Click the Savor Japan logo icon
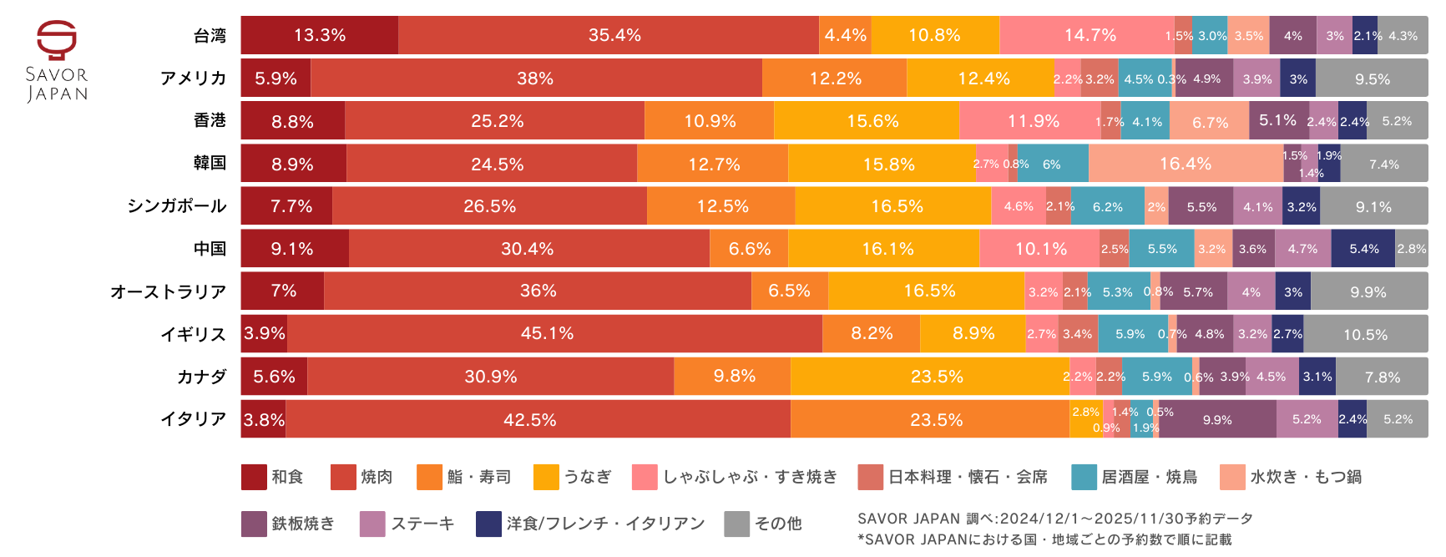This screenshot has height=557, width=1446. (x=57, y=40)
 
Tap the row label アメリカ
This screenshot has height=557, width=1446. (x=194, y=78)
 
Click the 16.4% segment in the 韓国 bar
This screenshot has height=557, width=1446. (x=1186, y=164)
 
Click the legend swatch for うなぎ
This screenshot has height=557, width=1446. (x=546, y=477)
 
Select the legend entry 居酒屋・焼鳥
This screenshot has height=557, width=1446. (x=1149, y=477)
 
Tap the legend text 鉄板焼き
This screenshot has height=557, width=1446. (x=303, y=524)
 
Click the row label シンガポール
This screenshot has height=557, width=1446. (x=177, y=206)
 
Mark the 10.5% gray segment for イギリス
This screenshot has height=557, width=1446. (x=1365, y=334)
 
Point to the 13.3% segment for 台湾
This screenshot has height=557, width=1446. (x=320, y=35)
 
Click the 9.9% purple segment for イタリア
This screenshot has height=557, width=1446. (x=1217, y=419)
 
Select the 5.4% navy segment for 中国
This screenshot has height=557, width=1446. (x=1363, y=249)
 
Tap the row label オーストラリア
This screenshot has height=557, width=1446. (x=169, y=291)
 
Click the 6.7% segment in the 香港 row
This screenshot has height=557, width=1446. (x=1210, y=122)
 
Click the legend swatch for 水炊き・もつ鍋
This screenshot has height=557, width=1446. (x=1232, y=477)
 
